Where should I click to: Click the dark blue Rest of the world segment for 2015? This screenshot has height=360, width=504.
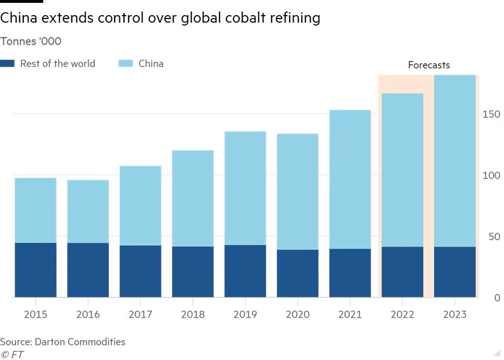click(x=35, y=270)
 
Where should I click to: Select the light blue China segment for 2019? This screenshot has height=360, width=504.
click(x=245, y=188)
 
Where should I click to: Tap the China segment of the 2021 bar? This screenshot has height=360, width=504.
click(x=350, y=179)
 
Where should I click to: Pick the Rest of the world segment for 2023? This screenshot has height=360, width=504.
click(x=455, y=272)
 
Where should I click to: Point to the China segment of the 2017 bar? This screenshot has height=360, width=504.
click(x=140, y=205)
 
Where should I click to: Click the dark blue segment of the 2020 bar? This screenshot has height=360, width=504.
click(x=297, y=273)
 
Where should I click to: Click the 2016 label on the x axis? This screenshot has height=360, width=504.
click(x=88, y=315)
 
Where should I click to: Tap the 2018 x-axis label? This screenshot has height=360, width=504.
click(x=192, y=315)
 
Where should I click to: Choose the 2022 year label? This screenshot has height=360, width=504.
click(x=402, y=315)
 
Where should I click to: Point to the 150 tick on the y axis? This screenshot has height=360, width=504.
click(x=491, y=115)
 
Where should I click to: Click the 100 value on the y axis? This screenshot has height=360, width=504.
click(x=491, y=176)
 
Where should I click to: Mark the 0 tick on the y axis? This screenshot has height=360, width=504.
click(x=496, y=298)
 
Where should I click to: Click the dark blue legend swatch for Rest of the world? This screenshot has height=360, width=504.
click(x=7, y=63)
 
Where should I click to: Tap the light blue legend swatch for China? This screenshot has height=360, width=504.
click(x=125, y=63)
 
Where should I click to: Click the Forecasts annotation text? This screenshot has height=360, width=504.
click(x=429, y=66)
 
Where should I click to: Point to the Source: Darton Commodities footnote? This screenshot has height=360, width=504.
click(x=63, y=341)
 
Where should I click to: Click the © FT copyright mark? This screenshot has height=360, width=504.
click(x=12, y=354)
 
